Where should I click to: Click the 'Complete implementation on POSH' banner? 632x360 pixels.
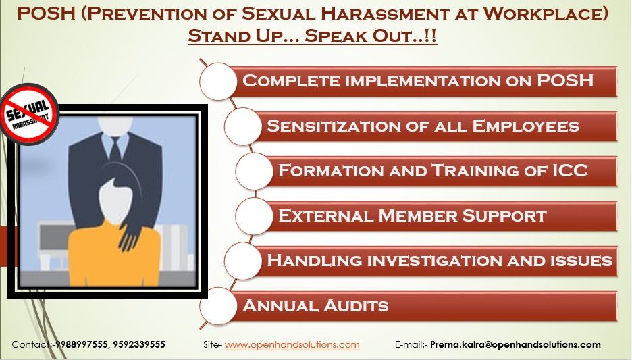tap(419, 81)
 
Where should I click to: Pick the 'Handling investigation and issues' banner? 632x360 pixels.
tap(439, 260)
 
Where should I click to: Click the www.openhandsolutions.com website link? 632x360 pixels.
tap(292, 344)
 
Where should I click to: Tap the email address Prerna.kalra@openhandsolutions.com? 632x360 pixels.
tap(515, 344)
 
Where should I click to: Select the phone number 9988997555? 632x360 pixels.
tap(79, 344)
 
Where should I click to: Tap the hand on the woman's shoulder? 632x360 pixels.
tap(130, 236)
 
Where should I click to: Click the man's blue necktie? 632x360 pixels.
tap(115, 149)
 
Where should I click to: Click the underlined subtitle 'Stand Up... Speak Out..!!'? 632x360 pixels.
tap(313, 36)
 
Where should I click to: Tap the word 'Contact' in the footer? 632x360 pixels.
tap(30, 344)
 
